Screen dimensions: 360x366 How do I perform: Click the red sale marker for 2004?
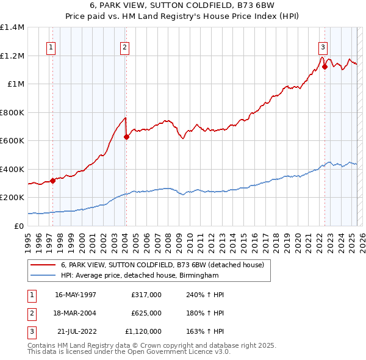coord(126,137)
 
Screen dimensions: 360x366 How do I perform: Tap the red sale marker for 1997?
coord(53,181)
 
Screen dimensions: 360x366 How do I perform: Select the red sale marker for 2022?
coord(325,67)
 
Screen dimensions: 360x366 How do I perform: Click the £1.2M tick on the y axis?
coord(12,56)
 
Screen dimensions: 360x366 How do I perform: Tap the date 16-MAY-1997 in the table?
coord(76,295)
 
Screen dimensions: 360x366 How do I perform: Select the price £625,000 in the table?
coord(146,313)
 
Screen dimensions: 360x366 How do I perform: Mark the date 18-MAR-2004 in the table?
coord(76,313)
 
